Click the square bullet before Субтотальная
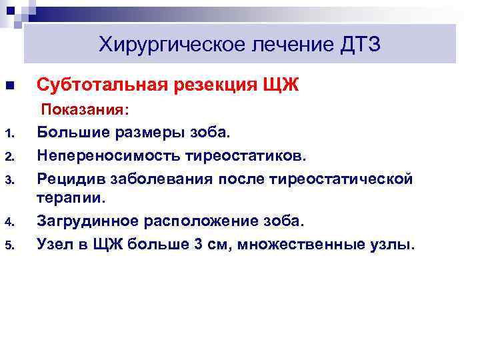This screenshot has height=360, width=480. [9, 86]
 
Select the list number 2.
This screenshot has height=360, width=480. [9, 157]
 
